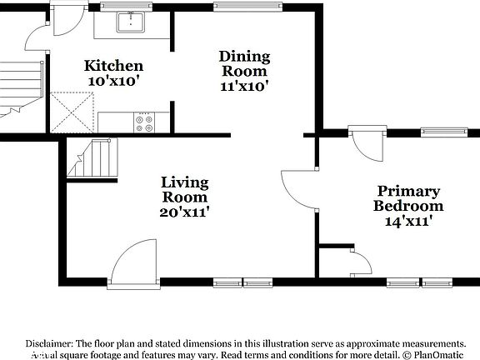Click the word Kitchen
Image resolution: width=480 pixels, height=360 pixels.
click(x=114, y=66)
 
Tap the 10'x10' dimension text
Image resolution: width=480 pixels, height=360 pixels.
click(x=113, y=82)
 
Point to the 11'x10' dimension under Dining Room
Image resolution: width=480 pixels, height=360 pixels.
click(x=244, y=85)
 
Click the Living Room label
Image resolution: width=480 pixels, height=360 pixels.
click(x=184, y=190)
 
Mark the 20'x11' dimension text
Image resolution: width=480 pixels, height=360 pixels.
click(x=184, y=212)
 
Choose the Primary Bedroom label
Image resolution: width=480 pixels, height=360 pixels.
click(x=407, y=198)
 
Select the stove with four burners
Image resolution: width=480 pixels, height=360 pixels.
click(x=144, y=122)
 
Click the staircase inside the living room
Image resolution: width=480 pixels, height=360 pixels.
click(x=93, y=159)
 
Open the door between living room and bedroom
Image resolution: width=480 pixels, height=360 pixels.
click(x=298, y=187)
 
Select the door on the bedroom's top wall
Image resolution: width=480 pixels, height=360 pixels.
click(x=363, y=146)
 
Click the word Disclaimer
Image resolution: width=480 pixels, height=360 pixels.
click(x=49, y=343)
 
